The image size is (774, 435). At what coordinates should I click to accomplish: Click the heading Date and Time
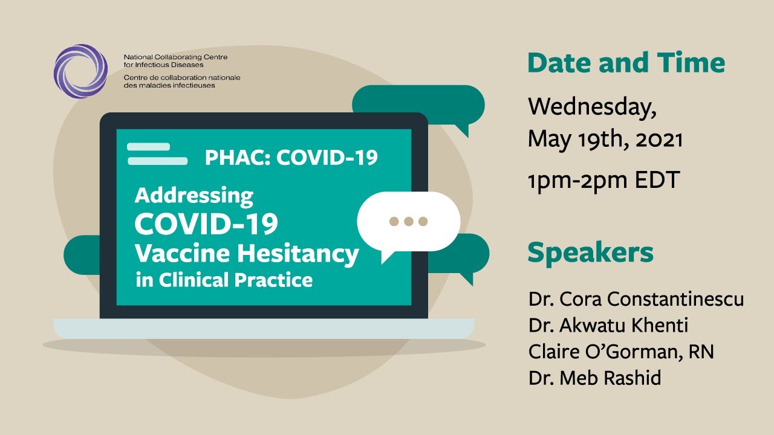pos(626,63)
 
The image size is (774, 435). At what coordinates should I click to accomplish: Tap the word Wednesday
pos(591,107)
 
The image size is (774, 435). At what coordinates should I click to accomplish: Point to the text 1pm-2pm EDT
pos(603,179)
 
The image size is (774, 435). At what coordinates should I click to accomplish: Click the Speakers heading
pos(590,253)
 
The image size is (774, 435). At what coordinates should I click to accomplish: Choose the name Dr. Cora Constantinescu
pos(636,299)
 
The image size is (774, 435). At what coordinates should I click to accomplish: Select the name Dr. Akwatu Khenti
pos(608,326)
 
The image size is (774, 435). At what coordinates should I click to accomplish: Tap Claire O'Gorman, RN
pos(620,352)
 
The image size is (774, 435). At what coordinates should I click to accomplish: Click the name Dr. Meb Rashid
pos(594,378)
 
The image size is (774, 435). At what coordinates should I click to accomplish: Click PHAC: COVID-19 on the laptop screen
pos(291,158)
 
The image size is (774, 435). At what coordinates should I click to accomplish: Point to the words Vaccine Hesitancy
pos(246,254)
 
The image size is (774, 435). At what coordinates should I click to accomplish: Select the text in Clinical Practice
pos(224,280)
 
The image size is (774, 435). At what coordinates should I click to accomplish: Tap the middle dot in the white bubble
pos(409,221)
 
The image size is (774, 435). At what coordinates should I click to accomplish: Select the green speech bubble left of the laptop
pos(82,255)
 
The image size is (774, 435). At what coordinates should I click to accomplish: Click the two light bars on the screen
pos(156,154)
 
